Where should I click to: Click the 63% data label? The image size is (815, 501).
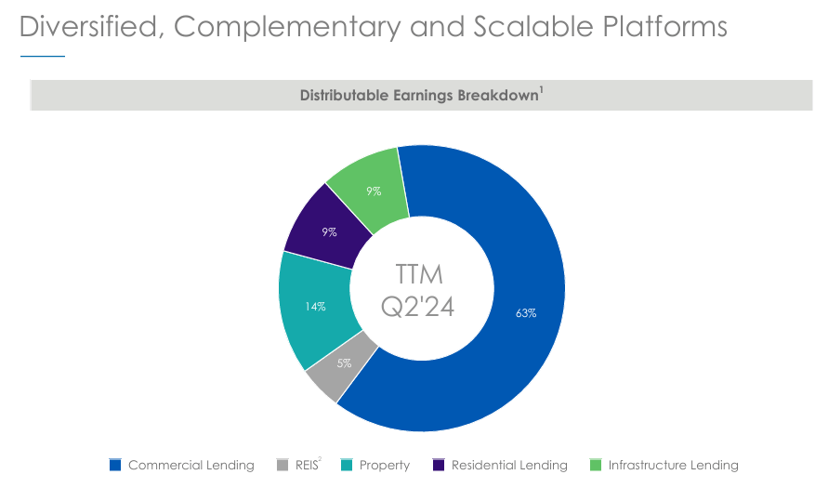point(526,313)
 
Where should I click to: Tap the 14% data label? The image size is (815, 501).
point(315,307)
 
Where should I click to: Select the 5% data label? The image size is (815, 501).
point(344,363)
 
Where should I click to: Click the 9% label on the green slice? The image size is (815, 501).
point(374,191)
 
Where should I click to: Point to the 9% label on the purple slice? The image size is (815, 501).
point(329,232)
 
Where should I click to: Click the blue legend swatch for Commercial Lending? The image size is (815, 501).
point(115,465)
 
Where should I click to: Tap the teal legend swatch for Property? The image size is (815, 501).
point(346,465)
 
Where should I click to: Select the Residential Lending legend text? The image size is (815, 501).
point(508,465)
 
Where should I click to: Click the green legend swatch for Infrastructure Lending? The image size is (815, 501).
point(596,465)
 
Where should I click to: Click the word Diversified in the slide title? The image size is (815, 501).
point(89,26)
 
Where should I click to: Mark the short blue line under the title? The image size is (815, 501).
point(43,57)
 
